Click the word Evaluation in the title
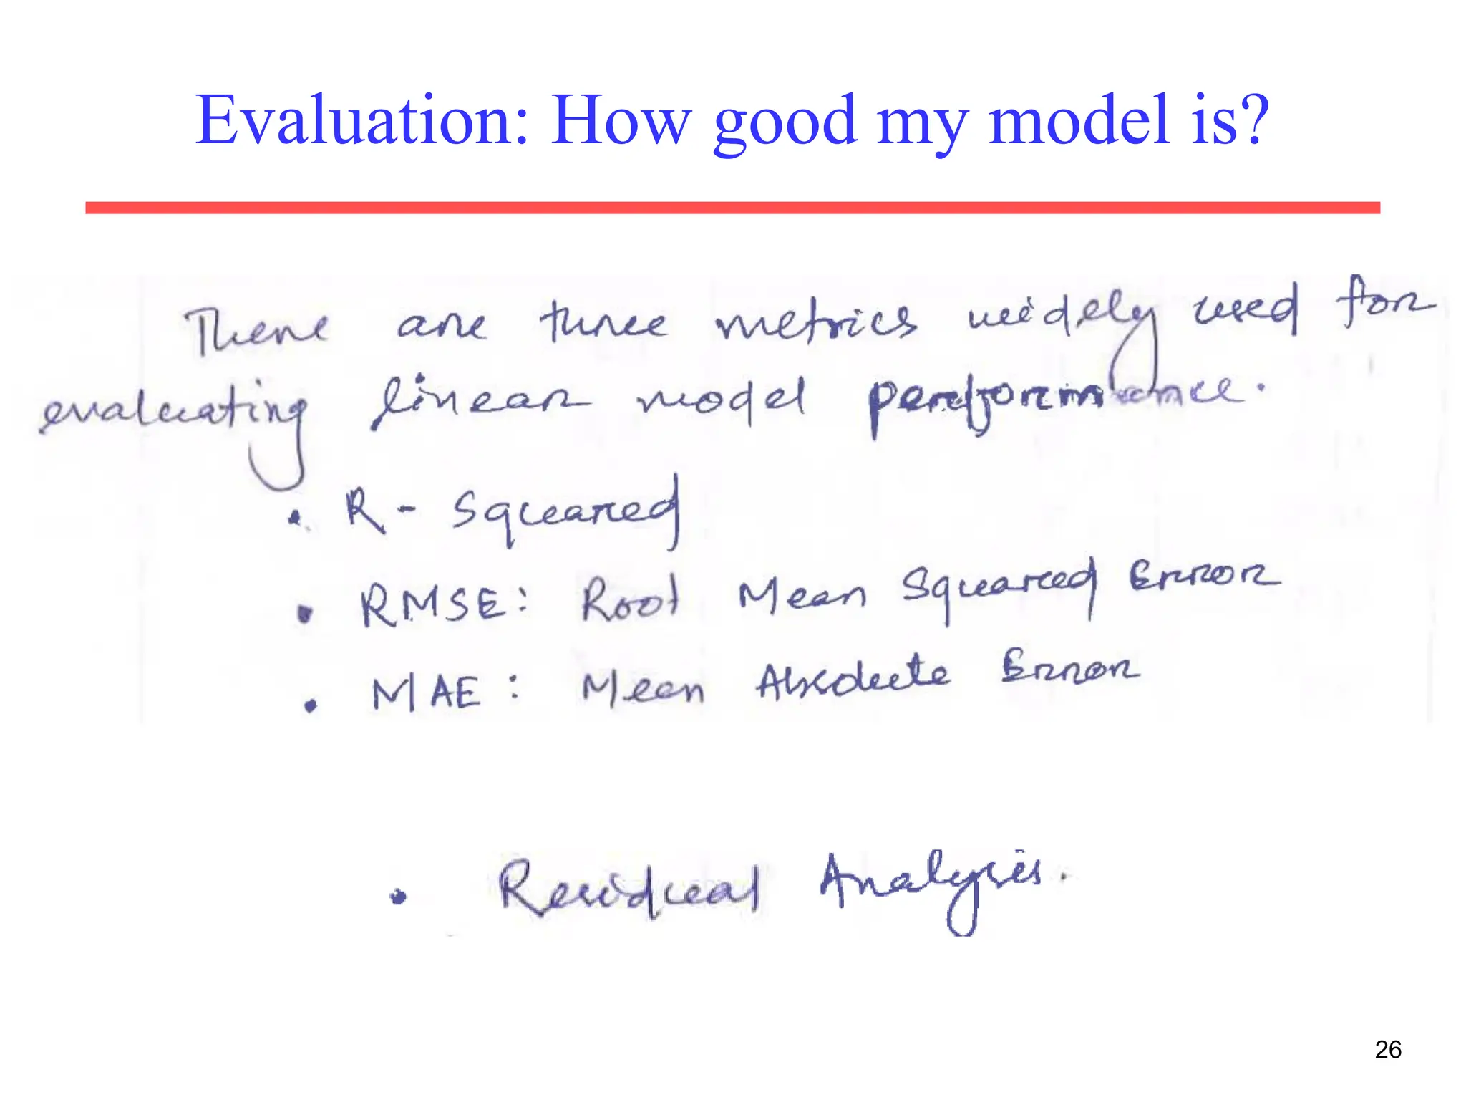pos(361,120)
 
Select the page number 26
pos(1388,1050)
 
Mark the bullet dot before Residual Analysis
pos(399,896)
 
